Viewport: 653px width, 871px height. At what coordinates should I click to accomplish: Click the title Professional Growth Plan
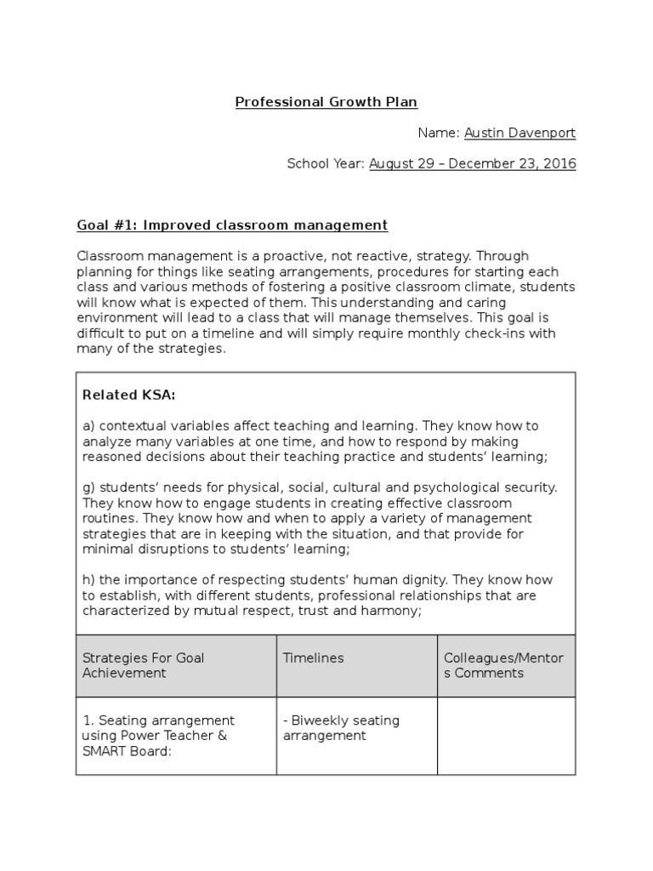tap(326, 103)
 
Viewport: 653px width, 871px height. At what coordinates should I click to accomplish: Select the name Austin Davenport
tap(520, 134)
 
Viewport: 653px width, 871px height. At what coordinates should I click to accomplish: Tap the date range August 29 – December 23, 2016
tap(472, 164)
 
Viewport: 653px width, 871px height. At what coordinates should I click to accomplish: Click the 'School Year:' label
tap(326, 164)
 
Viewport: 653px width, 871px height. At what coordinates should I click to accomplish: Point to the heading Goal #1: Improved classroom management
tap(232, 225)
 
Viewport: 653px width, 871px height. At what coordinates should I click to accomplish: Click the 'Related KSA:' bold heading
tap(128, 395)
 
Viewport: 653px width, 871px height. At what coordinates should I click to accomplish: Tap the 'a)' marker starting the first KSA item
tap(88, 426)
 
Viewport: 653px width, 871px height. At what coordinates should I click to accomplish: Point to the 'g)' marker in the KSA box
tap(88, 487)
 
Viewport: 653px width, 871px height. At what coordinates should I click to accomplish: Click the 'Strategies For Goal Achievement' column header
tap(144, 665)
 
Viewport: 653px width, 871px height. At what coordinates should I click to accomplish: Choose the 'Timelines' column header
tap(313, 658)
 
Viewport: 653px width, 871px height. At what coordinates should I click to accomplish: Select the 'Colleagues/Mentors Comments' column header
tap(503, 665)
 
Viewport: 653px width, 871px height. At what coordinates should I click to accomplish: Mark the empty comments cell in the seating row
tap(506, 736)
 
